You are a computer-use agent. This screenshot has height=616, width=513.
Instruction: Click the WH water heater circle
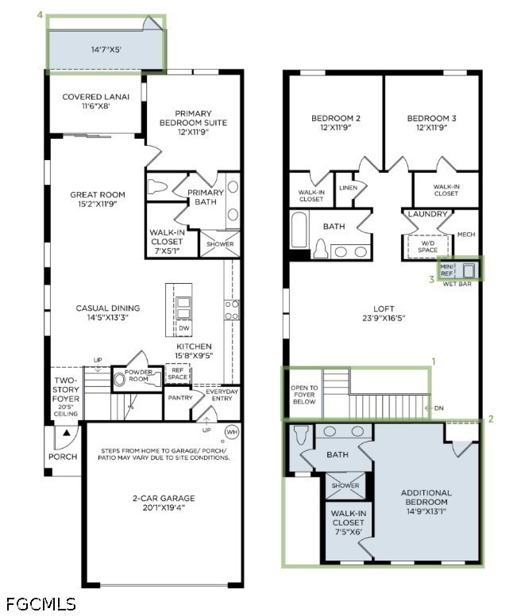pyautogui.click(x=232, y=432)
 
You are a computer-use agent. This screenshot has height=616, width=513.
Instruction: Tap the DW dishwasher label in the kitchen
pyautogui.click(x=183, y=328)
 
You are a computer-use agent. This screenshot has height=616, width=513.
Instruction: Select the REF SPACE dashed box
pyautogui.click(x=178, y=373)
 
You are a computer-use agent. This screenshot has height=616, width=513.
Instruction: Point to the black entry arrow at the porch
pyautogui.click(x=67, y=433)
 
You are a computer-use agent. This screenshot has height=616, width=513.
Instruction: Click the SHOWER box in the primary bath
pyautogui.click(x=220, y=244)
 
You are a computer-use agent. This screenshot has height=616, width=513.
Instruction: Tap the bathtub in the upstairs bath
pyautogui.click(x=299, y=230)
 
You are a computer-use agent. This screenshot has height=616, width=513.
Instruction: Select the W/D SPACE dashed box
pyautogui.click(x=427, y=247)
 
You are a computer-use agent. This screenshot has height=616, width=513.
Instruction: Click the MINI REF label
pyautogui.click(x=447, y=270)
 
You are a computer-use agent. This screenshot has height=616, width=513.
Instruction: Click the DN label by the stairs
pyautogui.click(x=438, y=408)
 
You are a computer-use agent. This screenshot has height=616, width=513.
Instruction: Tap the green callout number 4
pyautogui.click(x=40, y=14)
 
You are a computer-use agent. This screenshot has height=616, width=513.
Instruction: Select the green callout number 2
pyautogui.click(x=491, y=419)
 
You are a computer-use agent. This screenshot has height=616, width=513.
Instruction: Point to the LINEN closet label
pyautogui.click(x=348, y=188)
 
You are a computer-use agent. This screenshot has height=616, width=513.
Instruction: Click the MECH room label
pyautogui.click(x=466, y=235)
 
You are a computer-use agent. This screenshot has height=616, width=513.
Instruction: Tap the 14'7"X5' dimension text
pyautogui.click(x=106, y=49)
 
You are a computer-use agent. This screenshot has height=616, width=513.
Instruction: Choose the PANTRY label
pyautogui.click(x=180, y=397)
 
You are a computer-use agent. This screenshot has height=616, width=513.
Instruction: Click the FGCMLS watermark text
pyautogui.click(x=41, y=604)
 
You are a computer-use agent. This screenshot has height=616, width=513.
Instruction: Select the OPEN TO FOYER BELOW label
pyautogui.click(x=304, y=395)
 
